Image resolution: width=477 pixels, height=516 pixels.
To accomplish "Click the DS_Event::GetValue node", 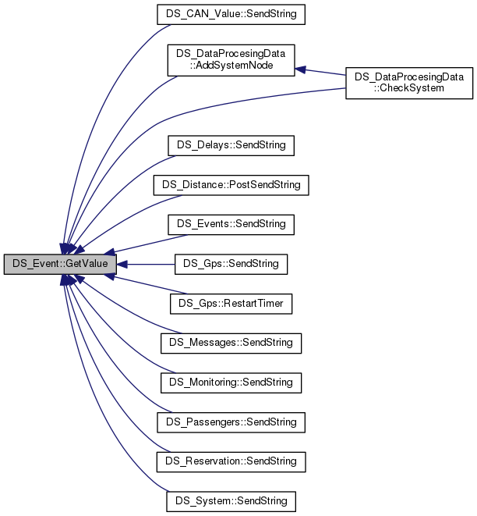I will coord(60,265).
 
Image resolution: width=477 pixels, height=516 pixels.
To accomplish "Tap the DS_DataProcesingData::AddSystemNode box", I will coord(231,61).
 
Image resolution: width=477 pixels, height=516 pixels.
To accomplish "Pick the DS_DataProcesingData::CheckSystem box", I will coord(409,83).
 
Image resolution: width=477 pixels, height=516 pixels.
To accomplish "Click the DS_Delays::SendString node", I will coord(231,145).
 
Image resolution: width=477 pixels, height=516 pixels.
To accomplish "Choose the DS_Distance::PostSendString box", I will coord(231,185).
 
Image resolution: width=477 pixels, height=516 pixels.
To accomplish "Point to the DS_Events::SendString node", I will coord(231,224).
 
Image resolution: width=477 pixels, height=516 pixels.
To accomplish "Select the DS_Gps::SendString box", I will coord(231,264).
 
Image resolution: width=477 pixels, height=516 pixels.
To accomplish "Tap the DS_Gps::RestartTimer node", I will coord(231,304).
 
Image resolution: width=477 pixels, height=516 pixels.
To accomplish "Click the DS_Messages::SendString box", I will coord(231,343).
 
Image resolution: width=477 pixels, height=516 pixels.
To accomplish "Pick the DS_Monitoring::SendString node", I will coord(231,383).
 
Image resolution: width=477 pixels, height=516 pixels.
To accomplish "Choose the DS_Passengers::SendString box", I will coord(231,422).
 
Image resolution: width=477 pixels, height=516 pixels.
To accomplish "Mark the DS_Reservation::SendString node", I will coord(231,461).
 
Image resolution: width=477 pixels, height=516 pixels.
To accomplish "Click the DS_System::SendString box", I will coord(231,500).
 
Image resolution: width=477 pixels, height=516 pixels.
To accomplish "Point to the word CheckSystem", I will coord(410,88).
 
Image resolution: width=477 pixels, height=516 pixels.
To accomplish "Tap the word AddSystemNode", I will coord(231,67).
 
